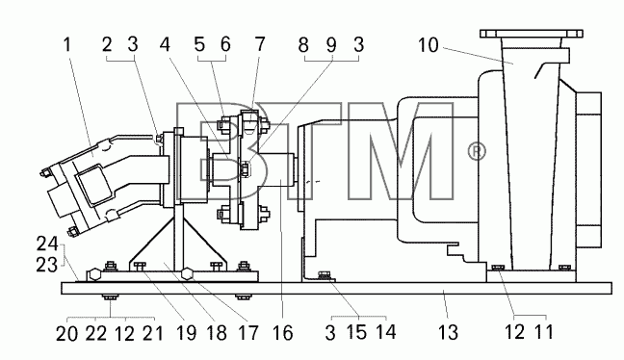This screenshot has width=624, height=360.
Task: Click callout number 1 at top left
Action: (x=66, y=44)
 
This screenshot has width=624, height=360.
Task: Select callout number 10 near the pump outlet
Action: (x=429, y=45)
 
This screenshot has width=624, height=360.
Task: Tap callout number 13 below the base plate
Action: (x=448, y=332)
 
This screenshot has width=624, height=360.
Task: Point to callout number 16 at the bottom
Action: (x=282, y=332)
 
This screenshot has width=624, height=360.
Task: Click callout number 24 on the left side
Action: (x=47, y=244)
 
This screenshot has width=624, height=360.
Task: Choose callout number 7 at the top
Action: (x=260, y=44)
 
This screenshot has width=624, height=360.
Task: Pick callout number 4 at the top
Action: (x=165, y=44)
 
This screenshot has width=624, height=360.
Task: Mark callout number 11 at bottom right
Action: (x=544, y=332)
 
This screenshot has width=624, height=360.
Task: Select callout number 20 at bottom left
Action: (x=66, y=333)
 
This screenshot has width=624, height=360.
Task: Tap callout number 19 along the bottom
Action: (x=186, y=332)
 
